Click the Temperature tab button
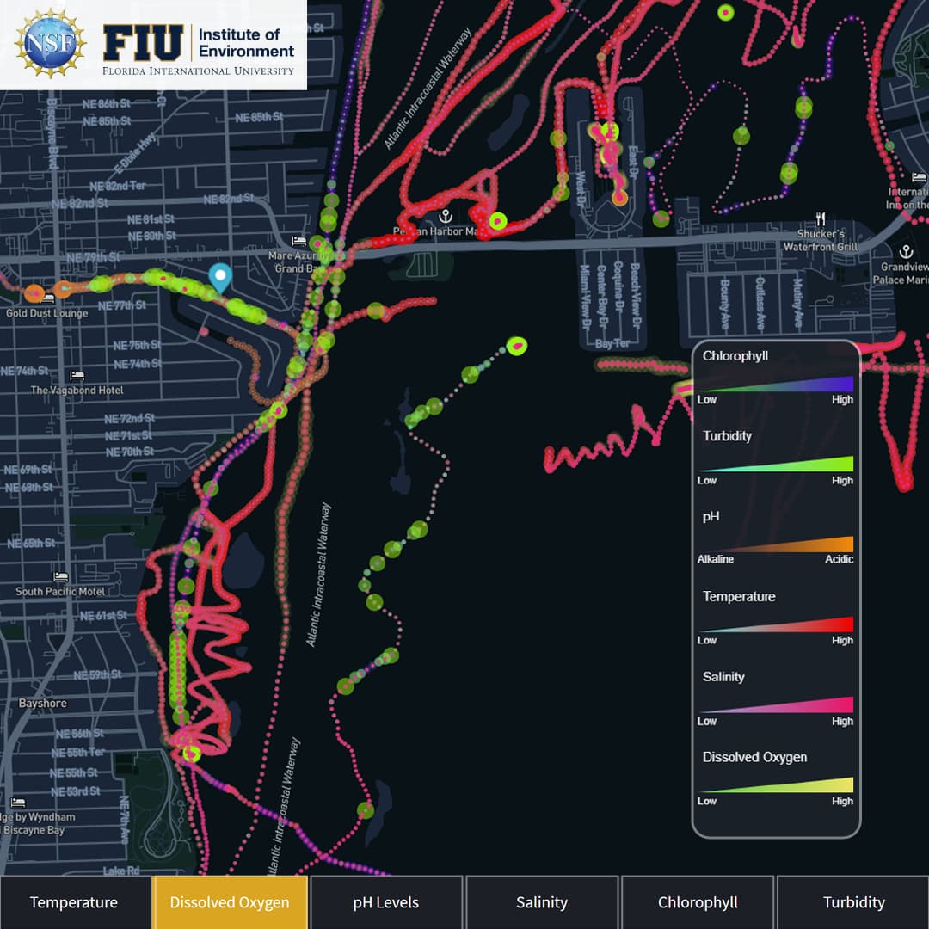(74, 902)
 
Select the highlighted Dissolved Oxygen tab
(230, 902)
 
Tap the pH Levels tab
(386, 902)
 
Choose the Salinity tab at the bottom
(542, 902)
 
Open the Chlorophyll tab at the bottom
(698, 902)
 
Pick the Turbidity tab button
(853, 902)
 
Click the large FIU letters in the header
(143, 42)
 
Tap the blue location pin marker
(221, 278)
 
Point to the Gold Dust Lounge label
(46, 313)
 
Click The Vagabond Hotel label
(77, 390)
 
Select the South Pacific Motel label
(60, 591)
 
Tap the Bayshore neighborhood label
(43, 704)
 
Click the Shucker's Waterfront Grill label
(821, 241)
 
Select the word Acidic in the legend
(839, 560)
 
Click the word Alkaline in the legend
(716, 560)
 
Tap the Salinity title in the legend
(723, 677)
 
